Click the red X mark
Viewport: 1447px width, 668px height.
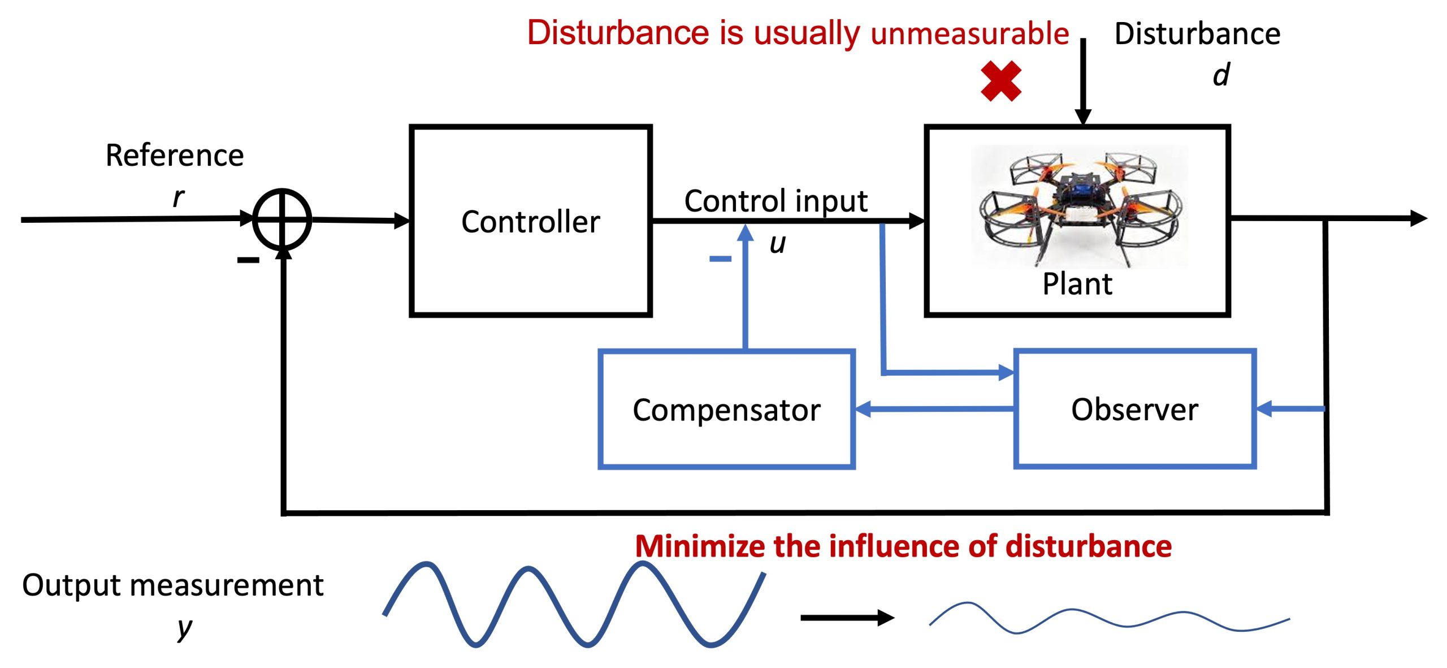point(1000,81)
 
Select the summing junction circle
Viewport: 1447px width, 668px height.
point(281,219)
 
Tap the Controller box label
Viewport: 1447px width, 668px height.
point(530,222)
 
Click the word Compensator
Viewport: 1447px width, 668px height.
point(726,410)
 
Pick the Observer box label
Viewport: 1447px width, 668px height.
point(1134,410)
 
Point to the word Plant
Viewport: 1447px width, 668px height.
point(1077,284)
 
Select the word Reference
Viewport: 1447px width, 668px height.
point(175,156)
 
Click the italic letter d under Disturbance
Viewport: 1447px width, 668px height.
point(1221,75)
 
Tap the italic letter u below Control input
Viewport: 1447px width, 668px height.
point(778,244)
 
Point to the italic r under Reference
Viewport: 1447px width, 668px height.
point(178,197)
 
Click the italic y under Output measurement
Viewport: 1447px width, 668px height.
point(184,628)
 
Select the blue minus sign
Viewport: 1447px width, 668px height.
point(720,259)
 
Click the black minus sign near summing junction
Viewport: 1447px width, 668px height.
point(248,260)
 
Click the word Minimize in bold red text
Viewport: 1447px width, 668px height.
point(699,547)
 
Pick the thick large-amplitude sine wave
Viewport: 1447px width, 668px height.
point(574,604)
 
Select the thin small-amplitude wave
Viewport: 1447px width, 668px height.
point(1108,618)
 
